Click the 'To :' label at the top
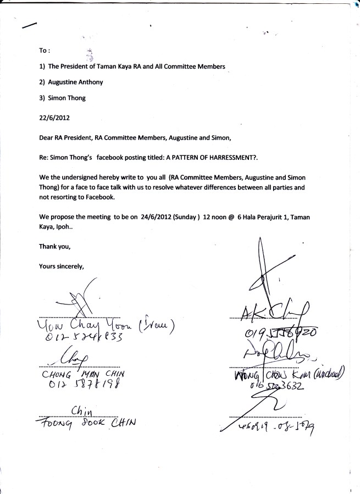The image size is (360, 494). click(x=45, y=51)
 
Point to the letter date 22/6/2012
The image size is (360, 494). click(x=54, y=118)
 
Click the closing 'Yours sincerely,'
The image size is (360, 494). click(x=61, y=266)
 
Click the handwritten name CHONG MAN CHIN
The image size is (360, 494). click(x=82, y=374)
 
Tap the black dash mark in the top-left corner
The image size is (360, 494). click(x=29, y=25)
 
